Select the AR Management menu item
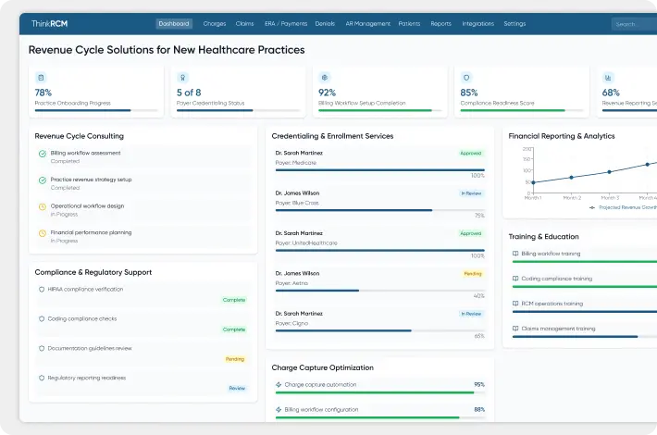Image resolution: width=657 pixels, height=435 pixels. coord(367,24)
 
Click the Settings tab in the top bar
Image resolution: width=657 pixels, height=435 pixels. coord(514,24)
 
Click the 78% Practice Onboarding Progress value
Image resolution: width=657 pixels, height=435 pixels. coord(43,93)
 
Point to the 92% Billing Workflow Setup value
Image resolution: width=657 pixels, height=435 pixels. coord(327,93)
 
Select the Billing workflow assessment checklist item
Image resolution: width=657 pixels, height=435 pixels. coord(85,153)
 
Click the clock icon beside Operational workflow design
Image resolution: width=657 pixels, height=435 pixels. coord(43,206)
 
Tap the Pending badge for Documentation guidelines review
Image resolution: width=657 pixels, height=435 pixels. coord(235,358)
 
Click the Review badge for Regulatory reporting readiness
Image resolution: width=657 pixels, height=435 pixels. coord(237,388)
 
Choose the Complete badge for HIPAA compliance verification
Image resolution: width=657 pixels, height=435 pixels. coord(233,300)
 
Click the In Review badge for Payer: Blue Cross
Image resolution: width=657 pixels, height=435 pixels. coord(471,193)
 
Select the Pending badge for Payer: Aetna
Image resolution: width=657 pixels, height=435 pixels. coord(472,274)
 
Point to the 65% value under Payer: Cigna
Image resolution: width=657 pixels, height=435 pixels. coord(478,336)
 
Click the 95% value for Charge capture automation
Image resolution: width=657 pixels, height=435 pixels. coord(478,384)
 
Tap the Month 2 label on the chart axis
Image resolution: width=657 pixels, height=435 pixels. coord(572,198)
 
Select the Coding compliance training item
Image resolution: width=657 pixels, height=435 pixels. coord(556,279)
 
